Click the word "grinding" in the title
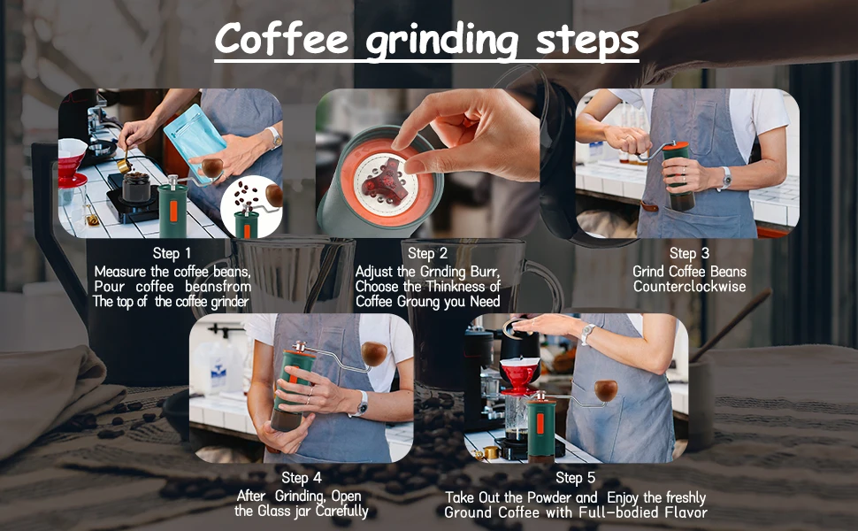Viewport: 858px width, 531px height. pos(441,41)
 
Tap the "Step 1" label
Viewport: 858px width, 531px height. pos(172,253)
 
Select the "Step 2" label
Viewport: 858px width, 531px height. pos(427,253)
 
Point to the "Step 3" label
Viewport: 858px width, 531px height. pos(689,253)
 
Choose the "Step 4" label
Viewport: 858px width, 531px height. pos(302,477)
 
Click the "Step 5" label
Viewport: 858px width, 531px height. pos(575,477)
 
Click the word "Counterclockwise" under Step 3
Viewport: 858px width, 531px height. pos(689,287)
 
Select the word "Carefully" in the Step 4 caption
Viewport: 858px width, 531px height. pos(342,512)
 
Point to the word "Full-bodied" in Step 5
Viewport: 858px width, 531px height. pos(619,512)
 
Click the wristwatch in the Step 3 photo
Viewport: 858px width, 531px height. pos(725,177)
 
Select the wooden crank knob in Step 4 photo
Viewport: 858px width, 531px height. pos(374,353)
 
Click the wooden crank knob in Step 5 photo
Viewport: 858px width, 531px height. pos(606,391)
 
